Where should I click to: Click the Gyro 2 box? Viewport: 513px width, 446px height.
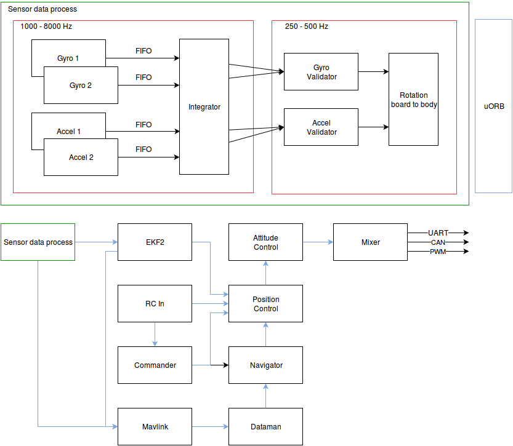pyautogui.click(x=81, y=85)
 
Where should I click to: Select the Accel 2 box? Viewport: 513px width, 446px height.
pyautogui.click(x=81, y=157)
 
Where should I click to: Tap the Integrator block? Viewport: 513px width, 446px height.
pyautogui.click(x=204, y=107)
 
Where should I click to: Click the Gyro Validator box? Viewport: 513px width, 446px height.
pyautogui.click(x=321, y=72)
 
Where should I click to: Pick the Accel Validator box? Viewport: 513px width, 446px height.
pyautogui.click(x=321, y=127)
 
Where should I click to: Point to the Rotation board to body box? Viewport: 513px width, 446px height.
pyautogui.click(x=413, y=100)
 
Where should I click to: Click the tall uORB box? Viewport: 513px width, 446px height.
pyautogui.click(x=493, y=106)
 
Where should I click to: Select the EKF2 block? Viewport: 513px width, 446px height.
pyautogui.click(x=155, y=242)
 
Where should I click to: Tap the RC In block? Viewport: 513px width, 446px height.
pyautogui.click(x=155, y=303)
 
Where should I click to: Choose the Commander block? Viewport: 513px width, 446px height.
pyautogui.click(x=155, y=365)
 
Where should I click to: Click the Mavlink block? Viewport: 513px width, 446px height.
pyautogui.click(x=155, y=426)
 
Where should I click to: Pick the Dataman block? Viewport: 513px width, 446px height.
pyautogui.click(x=265, y=426)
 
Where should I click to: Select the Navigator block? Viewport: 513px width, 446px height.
pyautogui.click(x=265, y=365)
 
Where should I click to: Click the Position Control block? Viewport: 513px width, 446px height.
pyautogui.click(x=265, y=304)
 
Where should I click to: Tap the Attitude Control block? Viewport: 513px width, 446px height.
pyautogui.click(x=265, y=242)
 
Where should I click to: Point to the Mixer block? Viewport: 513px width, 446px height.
pyautogui.click(x=370, y=242)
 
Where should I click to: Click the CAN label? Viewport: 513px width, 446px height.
pyautogui.click(x=438, y=242)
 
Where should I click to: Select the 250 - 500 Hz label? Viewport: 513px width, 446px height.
pyautogui.click(x=307, y=27)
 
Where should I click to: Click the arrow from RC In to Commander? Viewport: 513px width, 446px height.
pyautogui.click(x=155, y=334)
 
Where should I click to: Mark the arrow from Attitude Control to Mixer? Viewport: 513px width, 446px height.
pyautogui.click(x=318, y=242)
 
